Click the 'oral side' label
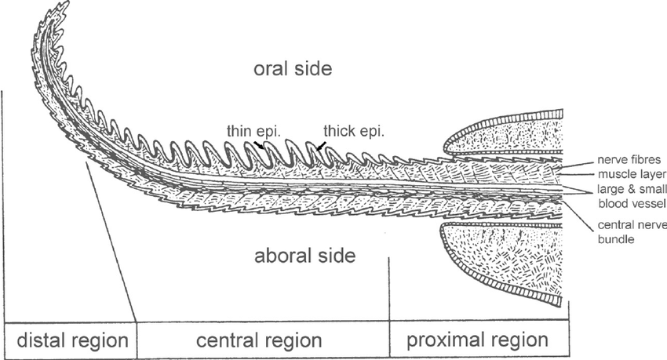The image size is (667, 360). point(293,69)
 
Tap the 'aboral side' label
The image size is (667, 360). point(304,256)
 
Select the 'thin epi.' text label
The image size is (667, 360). point(253,131)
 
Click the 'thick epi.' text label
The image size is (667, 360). point(354,131)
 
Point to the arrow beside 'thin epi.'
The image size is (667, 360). point(259,144)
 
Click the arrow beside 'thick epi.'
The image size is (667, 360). point(322,146)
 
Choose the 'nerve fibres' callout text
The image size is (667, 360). point(629,160)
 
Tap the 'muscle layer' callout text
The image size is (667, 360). point(632,174)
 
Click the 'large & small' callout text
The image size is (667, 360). point(632,189)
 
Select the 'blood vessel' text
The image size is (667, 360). point(632,204)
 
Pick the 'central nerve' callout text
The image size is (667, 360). point(632,225)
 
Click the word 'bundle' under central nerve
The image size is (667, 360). point(616,239)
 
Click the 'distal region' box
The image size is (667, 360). point(71,340)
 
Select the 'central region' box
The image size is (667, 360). point(263,340)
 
